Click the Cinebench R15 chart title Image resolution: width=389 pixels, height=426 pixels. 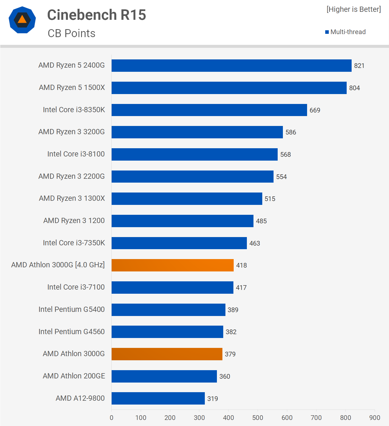tap(96, 15)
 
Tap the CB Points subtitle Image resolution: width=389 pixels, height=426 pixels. tap(71, 34)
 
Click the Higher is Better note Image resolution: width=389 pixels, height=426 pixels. tap(354, 9)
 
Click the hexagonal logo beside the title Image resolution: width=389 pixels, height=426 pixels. tap(22, 20)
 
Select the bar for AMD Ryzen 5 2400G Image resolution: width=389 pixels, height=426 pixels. tap(231, 65)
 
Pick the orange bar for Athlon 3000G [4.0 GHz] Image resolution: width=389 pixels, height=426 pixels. tap(172, 265)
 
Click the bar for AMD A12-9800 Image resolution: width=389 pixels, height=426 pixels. tap(158, 398)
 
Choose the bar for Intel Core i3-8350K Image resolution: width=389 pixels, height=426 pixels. tap(209, 110)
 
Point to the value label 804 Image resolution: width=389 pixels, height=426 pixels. tap(354, 88)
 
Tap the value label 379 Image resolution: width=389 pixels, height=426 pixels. tap(230, 354)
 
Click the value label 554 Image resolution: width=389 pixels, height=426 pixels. tap(281, 177)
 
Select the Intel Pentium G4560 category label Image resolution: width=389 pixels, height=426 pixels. tap(71, 332)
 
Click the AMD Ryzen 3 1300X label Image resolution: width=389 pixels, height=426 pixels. tap(72, 198)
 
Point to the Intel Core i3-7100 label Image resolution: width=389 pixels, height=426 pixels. tap(76, 287)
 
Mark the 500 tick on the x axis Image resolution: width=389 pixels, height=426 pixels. tap(258, 418)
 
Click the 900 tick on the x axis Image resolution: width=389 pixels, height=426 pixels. tap(374, 418)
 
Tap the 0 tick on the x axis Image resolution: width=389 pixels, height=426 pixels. tap(111, 418)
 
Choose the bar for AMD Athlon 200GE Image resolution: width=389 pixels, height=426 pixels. tap(164, 376)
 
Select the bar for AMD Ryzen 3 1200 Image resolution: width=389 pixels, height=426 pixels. tap(182, 221)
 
